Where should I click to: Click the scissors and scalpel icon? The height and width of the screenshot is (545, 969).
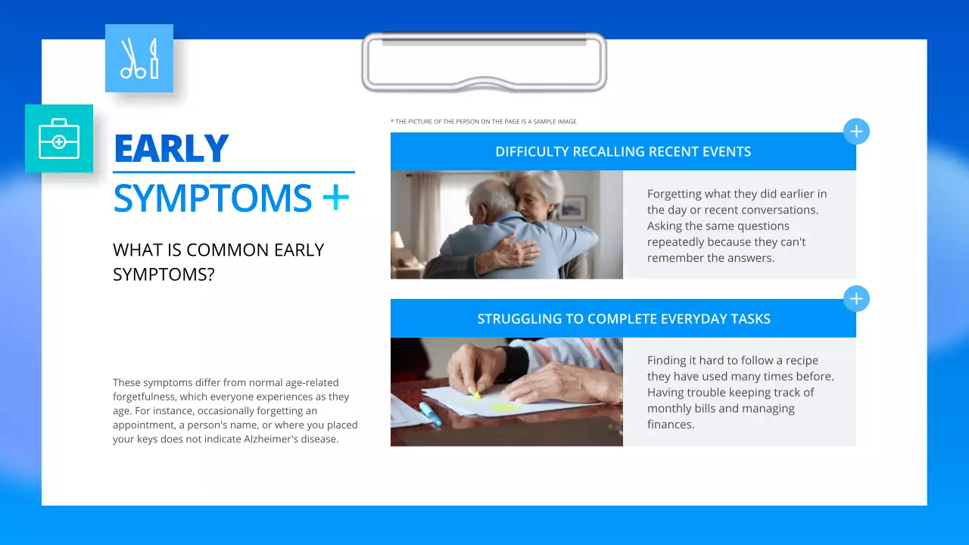[x=139, y=58]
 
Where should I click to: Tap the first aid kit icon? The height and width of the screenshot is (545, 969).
[x=59, y=139]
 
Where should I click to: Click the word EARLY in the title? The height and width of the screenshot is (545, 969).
[x=171, y=148]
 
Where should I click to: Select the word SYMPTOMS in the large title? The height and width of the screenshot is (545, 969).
[x=212, y=198]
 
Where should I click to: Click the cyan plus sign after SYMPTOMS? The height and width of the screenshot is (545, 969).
[x=335, y=198]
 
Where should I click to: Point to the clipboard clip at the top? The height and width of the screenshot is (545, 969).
[x=484, y=62]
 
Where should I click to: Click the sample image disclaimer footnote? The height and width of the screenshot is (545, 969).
[x=484, y=121]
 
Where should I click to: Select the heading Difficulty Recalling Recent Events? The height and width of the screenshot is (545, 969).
[x=623, y=151]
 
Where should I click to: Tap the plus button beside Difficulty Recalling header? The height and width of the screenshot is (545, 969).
[x=856, y=132]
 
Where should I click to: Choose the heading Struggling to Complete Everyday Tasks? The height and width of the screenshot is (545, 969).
[x=623, y=319]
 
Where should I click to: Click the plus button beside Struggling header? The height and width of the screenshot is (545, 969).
[x=856, y=299]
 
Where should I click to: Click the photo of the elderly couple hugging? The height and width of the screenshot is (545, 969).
[x=506, y=225]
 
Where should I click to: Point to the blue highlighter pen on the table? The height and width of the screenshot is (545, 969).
[x=430, y=414]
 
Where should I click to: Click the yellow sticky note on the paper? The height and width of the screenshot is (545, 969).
[x=504, y=407]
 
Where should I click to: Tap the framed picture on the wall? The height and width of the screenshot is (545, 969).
[x=574, y=207]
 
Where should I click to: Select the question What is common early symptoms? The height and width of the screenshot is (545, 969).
[x=218, y=261]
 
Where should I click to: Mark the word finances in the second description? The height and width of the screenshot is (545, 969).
[x=671, y=424]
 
